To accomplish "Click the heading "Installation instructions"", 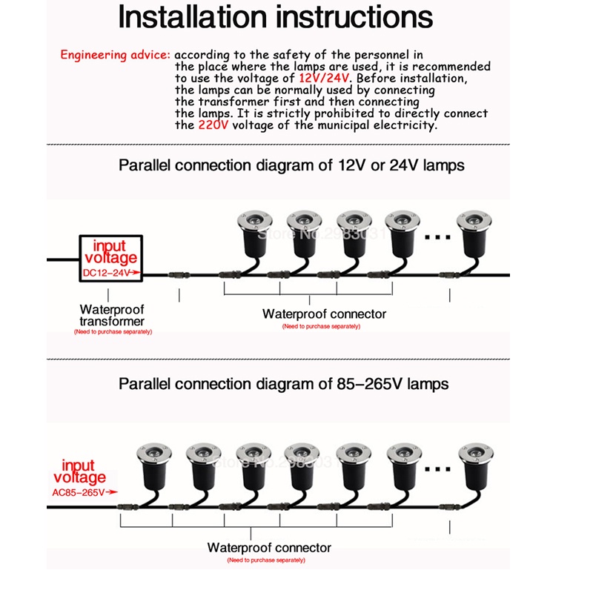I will (275, 18).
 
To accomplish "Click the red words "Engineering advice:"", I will (115, 55).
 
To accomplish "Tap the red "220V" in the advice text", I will (213, 125).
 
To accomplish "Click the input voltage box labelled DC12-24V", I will (110, 259).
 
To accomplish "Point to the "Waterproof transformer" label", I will (112, 315).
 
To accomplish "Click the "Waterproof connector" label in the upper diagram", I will (324, 314).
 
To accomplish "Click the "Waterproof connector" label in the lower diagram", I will (269, 548).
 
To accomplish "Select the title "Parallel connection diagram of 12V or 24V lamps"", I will (291, 165).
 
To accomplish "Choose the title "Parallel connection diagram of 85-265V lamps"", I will (283, 384).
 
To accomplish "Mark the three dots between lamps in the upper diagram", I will (437, 238).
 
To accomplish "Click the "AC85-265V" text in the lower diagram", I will (83, 491).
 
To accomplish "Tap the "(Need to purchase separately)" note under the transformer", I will (113, 332).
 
